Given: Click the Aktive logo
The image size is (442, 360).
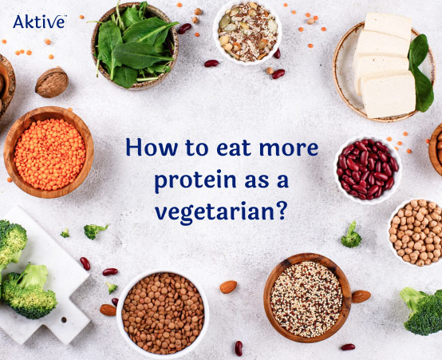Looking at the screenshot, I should pos(38,22).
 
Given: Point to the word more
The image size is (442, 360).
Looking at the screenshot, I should pos(288,148).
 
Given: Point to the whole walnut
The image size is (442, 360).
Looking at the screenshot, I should pos(52,82).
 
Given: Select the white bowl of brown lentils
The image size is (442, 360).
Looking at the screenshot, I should pos(162,314).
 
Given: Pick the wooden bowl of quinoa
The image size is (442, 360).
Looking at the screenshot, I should pos(306,299).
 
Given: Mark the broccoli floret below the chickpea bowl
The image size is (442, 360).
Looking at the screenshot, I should pos(420,309).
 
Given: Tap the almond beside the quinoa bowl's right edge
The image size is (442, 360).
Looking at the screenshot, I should pos(361,296).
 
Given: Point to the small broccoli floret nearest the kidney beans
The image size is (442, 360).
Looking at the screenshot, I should pos(351,235).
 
